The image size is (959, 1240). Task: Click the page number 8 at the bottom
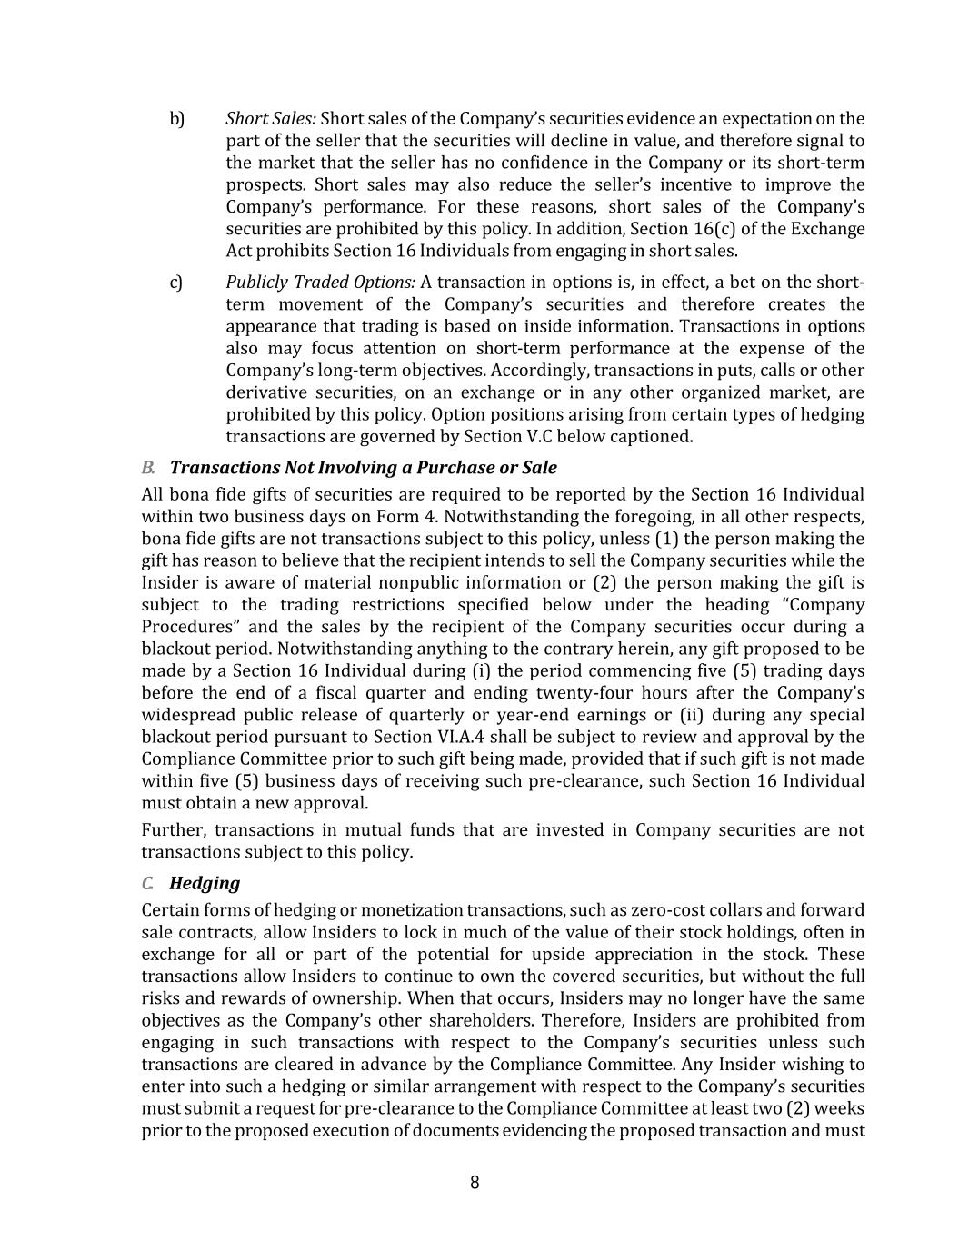pyautogui.click(x=475, y=1182)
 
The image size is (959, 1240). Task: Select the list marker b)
pyautogui.click(x=177, y=119)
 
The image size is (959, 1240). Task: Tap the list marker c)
pyautogui.click(x=176, y=283)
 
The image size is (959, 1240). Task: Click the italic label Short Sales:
pyautogui.click(x=271, y=119)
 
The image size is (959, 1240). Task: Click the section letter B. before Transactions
pyautogui.click(x=149, y=468)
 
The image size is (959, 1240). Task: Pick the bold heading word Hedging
pyautogui.click(x=205, y=883)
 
